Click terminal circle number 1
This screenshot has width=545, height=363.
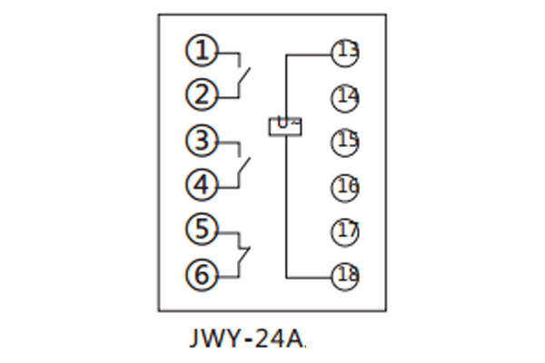pos(203,51)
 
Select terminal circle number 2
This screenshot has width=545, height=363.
pos(203,93)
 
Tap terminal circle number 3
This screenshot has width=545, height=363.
pos(203,141)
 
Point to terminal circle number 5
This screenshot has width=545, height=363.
pos(203,229)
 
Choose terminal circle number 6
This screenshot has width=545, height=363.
pos(203,273)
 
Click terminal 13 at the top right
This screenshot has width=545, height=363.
pos(345,52)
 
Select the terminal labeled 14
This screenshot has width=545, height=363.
pos(345,96)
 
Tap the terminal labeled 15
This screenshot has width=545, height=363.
pos(345,141)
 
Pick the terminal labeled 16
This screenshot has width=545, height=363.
pos(345,186)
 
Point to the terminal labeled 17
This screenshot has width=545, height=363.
pos(345,231)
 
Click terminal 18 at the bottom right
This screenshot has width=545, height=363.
pos(345,275)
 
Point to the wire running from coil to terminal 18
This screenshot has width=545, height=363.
pos(286,209)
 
